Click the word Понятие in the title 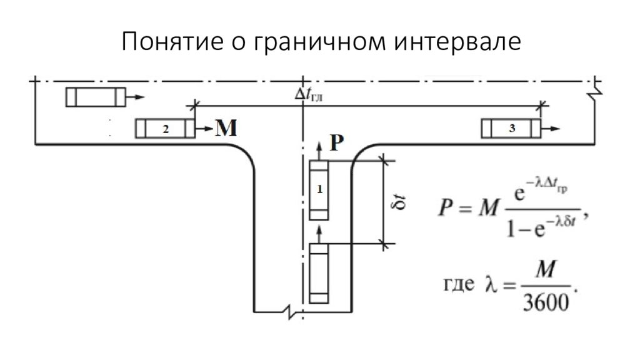pos(172,42)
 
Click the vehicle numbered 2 pos(165,129)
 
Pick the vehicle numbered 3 pos(511,129)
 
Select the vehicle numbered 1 pos(319,190)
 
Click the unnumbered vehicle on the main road pos(96,97)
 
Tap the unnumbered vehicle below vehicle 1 pos(319,274)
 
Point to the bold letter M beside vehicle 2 pos(226,128)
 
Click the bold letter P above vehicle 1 pos(336,143)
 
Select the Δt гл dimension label pos(309,95)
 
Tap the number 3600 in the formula pos(546,302)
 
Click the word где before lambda pos(459,284)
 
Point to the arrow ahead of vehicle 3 pos(551,129)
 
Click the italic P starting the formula pos(445,207)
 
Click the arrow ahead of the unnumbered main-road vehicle pos(135,97)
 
